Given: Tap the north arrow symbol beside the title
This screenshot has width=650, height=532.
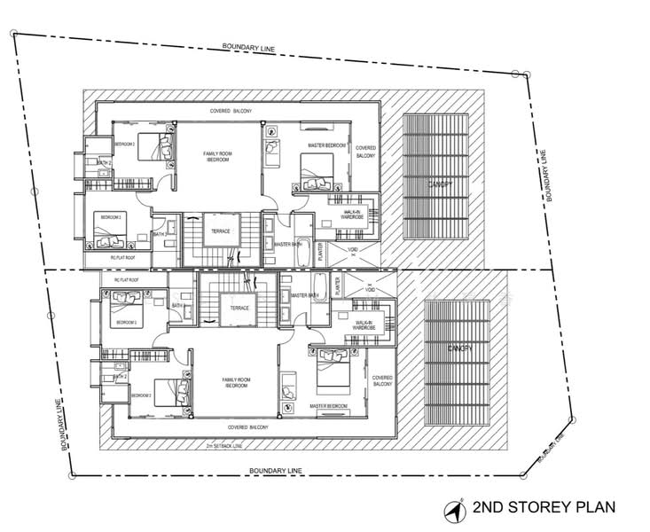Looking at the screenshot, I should coord(459,509).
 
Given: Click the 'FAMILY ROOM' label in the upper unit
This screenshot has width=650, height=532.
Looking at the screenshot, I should coord(218,157).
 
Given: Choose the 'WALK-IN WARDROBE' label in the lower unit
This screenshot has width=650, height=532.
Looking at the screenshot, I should coord(364,325).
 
